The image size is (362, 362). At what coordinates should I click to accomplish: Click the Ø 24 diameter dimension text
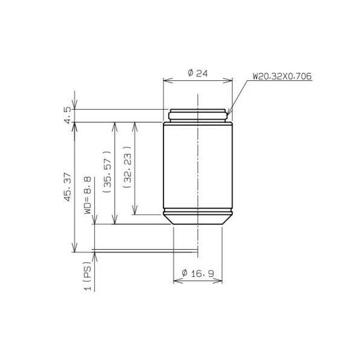point(197,73)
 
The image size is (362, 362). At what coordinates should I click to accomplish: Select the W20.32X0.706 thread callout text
point(282,76)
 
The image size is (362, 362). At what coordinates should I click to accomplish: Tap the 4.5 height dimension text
point(68,115)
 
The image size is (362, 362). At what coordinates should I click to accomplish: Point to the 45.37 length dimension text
point(68,187)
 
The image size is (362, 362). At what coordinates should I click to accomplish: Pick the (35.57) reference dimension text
point(107,172)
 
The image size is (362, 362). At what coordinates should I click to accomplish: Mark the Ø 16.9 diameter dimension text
point(197,274)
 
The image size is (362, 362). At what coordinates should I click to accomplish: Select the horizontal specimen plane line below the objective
point(145,252)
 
